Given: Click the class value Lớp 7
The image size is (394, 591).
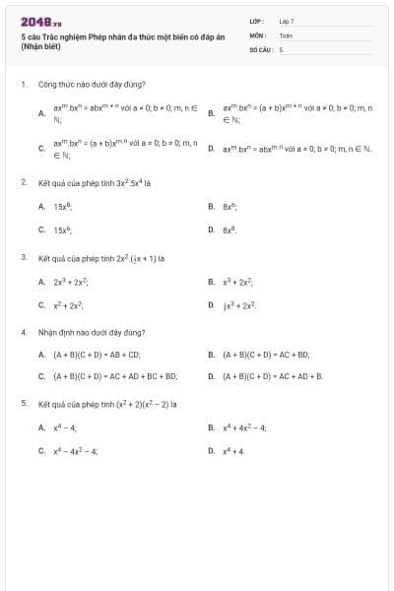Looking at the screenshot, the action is point(287,20).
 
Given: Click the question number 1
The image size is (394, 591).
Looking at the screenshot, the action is point(23,85).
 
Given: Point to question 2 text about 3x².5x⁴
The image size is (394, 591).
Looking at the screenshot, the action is point(95,182).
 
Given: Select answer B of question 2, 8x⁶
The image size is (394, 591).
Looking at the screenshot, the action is point(230,207).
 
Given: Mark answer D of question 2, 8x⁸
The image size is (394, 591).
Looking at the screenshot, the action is point(230,230).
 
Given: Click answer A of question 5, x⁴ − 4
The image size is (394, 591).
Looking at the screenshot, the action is point(65,427).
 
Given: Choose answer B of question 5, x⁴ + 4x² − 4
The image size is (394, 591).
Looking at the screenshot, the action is point(243,427).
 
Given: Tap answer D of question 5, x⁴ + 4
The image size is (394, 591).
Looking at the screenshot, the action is point(233,450).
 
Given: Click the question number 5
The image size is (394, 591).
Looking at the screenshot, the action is point(23,404).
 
